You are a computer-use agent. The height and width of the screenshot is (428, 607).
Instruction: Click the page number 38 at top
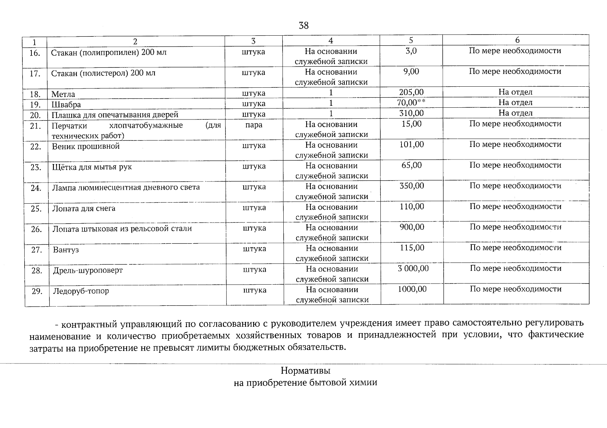303,26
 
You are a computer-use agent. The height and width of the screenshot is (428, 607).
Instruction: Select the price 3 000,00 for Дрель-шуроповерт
413,269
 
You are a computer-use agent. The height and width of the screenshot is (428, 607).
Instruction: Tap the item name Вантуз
66,250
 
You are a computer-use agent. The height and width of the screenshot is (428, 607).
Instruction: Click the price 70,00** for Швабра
411,103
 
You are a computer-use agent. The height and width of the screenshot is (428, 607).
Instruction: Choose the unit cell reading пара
254,125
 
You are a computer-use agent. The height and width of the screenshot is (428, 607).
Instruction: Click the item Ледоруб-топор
81,291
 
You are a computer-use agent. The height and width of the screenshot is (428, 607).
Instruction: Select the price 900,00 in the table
412,227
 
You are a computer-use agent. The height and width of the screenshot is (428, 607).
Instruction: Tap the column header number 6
517,40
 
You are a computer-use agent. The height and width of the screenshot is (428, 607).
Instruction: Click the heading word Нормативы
305,371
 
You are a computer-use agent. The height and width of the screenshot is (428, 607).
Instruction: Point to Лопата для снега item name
84,208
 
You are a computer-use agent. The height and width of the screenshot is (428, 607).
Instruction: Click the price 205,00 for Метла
411,92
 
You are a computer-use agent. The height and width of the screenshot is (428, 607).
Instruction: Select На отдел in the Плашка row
515,113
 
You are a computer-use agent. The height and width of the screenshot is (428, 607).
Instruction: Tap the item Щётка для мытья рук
92,167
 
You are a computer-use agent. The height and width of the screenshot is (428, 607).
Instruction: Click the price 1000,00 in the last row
412,289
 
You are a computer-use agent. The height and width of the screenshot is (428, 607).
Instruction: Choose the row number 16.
35,53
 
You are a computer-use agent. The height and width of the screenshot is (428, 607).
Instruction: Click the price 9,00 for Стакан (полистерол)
411,72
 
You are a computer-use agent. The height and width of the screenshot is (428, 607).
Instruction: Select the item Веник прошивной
86,146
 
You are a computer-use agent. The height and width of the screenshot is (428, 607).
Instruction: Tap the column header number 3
253,41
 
